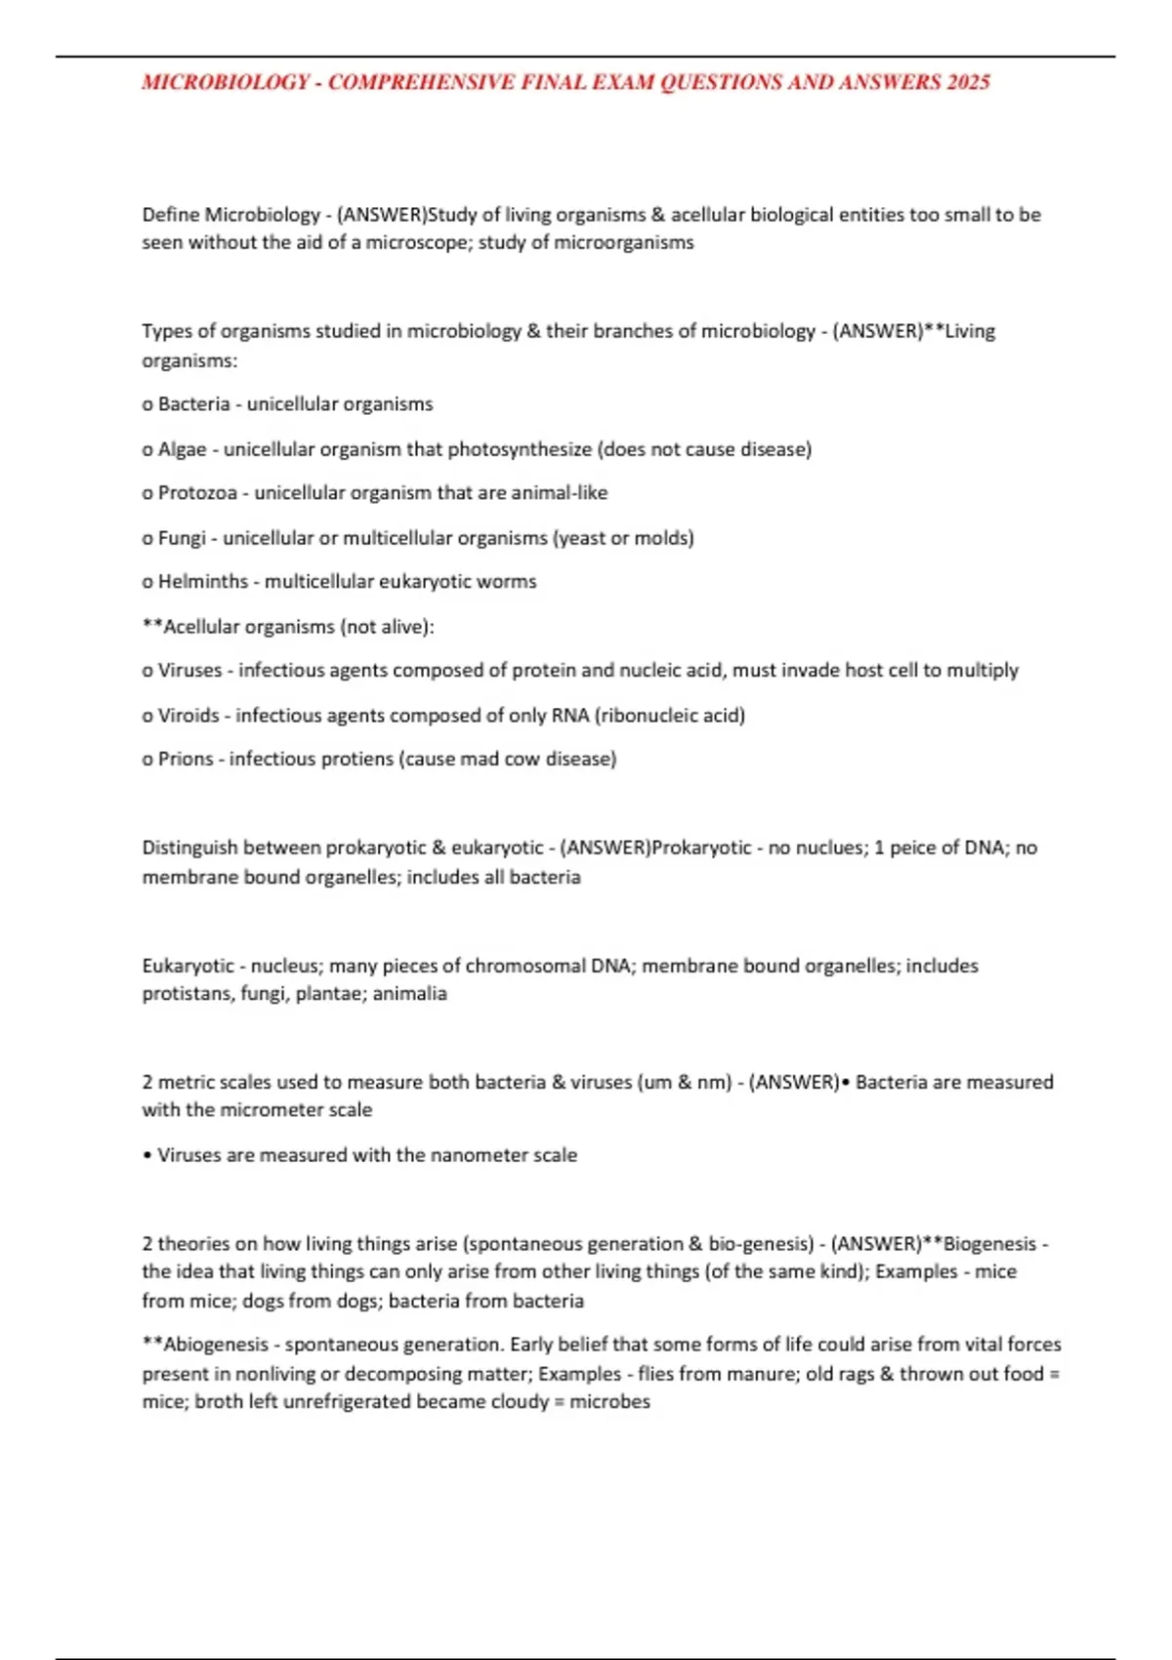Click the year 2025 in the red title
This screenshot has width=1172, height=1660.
point(968,82)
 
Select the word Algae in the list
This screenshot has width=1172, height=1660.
point(183,449)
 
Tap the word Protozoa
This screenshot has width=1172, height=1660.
point(197,493)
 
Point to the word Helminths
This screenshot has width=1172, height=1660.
point(203,582)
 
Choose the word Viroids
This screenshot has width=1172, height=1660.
point(188,716)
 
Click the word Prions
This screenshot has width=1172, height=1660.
point(186,759)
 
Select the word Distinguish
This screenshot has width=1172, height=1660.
point(188,848)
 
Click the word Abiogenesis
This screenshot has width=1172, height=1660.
point(218,1345)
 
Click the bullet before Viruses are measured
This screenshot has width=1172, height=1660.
point(146,1155)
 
